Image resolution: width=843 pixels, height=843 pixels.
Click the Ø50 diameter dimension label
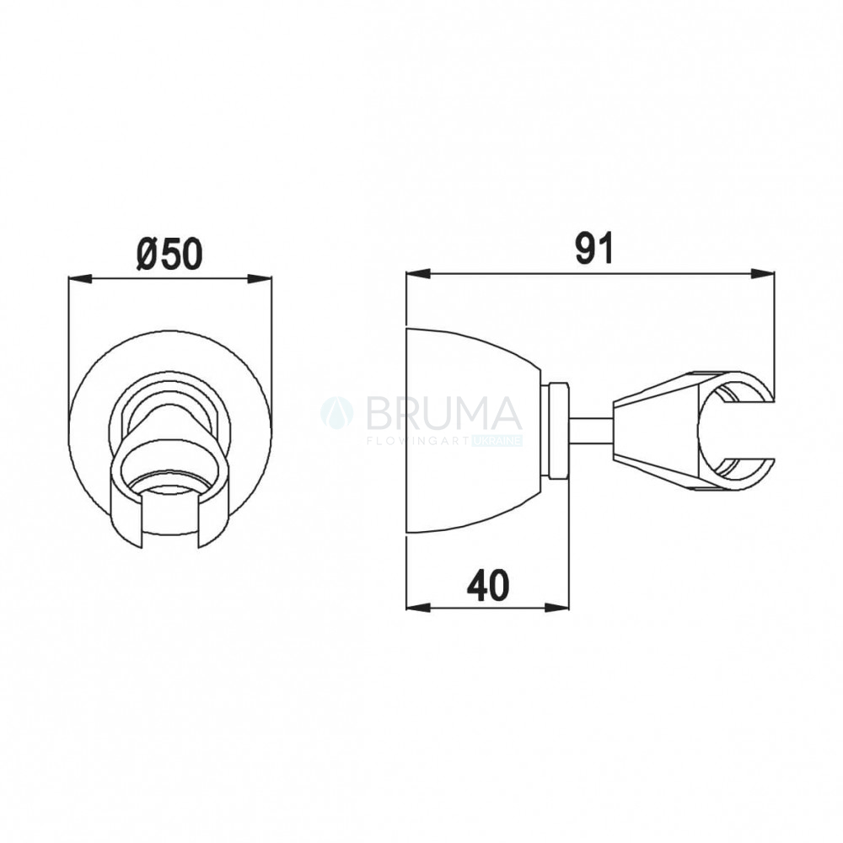[169, 254]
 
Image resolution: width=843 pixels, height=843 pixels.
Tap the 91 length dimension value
[593, 249]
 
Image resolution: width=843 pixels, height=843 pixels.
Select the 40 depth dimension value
[487, 586]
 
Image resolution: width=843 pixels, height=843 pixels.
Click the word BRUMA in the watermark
[444, 413]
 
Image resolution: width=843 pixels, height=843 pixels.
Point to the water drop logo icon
[337, 413]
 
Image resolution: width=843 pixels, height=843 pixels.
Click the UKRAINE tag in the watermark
[497, 441]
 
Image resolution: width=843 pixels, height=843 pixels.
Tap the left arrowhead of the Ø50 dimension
[81, 278]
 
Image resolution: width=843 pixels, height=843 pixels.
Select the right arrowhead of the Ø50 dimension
[259, 278]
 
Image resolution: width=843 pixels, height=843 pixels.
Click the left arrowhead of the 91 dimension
[418, 274]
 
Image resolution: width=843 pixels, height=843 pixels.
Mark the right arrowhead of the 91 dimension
[762, 274]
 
